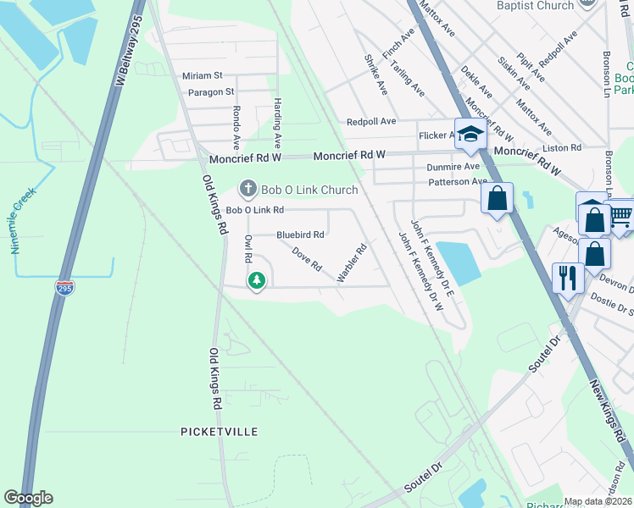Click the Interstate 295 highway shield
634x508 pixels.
click(64, 287)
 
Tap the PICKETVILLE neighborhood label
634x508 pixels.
click(219, 432)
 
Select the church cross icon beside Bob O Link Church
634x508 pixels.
click(247, 187)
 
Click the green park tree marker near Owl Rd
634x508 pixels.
click(256, 280)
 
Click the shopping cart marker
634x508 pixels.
click(621, 216)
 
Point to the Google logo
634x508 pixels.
click(28, 498)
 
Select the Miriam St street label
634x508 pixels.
click(203, 75)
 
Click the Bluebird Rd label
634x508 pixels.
click(300, 235)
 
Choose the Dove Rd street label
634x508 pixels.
click(306, 259)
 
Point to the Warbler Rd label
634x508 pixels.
click(351, 262)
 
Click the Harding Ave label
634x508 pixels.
click(277, 119)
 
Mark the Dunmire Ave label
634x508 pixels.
click(453, 167)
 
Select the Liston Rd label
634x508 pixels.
click(563, 147)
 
